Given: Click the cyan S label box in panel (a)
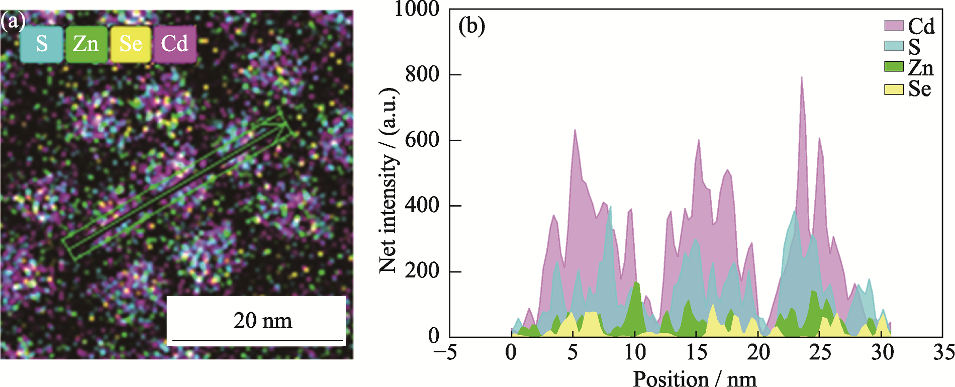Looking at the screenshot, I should pos(42,44).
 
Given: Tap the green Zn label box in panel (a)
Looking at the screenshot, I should pos(86,44).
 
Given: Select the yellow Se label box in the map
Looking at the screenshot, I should pos(130,44).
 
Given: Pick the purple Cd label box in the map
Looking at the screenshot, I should pos(174,44).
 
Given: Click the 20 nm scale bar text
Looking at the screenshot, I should pos(262,321).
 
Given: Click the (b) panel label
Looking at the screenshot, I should pos(471,26).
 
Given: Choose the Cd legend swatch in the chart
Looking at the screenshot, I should pos(894,26).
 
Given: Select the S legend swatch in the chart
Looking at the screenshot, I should pos(894,46).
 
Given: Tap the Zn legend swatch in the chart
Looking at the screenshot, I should pos(894,67).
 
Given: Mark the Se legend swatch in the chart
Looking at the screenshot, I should pos(894,89).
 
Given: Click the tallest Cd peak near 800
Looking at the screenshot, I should pos(801,78).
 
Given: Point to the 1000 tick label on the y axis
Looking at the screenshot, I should pos(417,9).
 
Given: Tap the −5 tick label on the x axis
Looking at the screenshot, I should pos(445,353).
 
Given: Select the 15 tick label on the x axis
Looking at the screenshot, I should pos(697,353).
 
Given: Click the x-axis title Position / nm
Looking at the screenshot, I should pos(695,379).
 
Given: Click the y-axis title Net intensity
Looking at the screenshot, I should pos(388,181).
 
